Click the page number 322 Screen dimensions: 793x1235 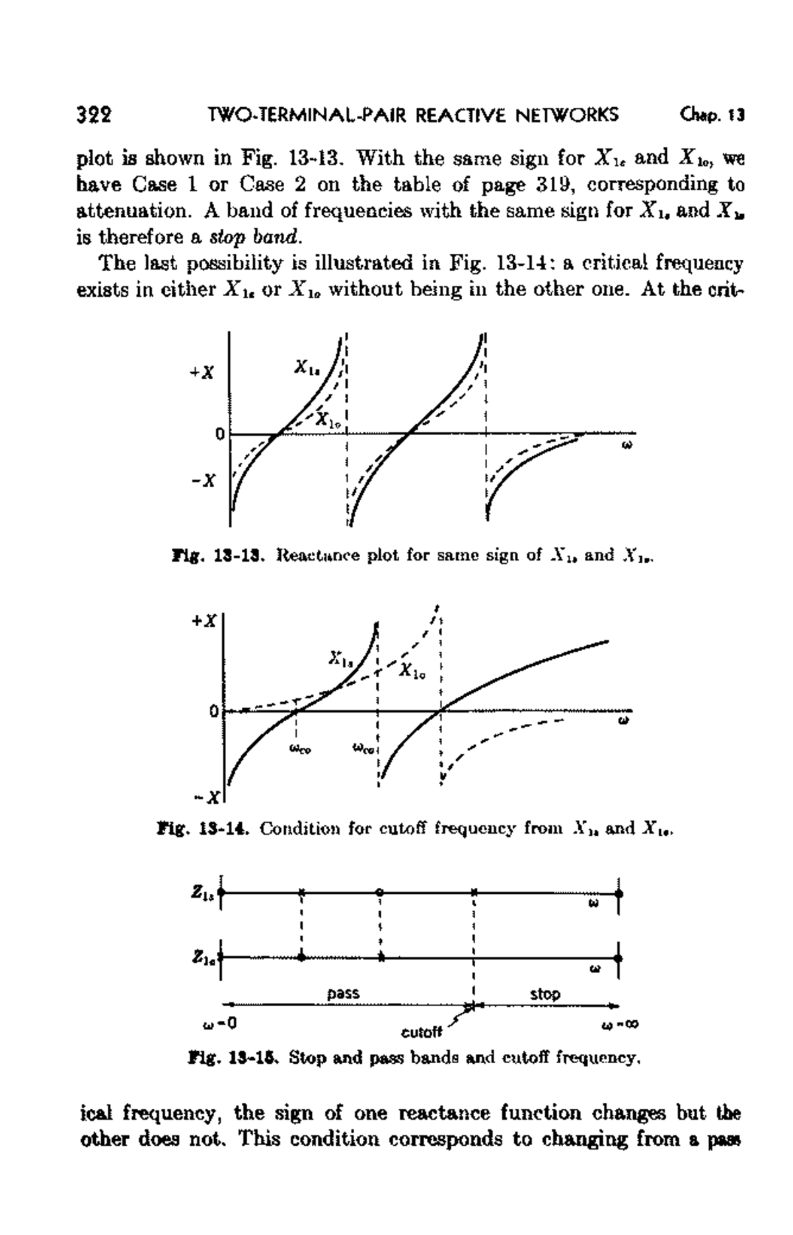[x=94, y=115]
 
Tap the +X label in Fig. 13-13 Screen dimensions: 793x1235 [x=202, y=373]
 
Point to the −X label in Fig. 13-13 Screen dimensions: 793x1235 [x=203, y=480]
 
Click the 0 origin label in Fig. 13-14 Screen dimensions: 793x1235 [x=213, y=711]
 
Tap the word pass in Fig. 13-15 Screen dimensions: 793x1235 [x=344, y=993]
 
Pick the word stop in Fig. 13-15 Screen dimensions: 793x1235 [x=545, y=994]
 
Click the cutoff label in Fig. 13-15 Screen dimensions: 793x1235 [x=421, y=1032]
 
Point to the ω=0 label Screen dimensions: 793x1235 [x=219, y=1024]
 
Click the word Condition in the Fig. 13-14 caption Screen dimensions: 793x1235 [x=294, y=828]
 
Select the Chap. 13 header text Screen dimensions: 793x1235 [x=711, y=115]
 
